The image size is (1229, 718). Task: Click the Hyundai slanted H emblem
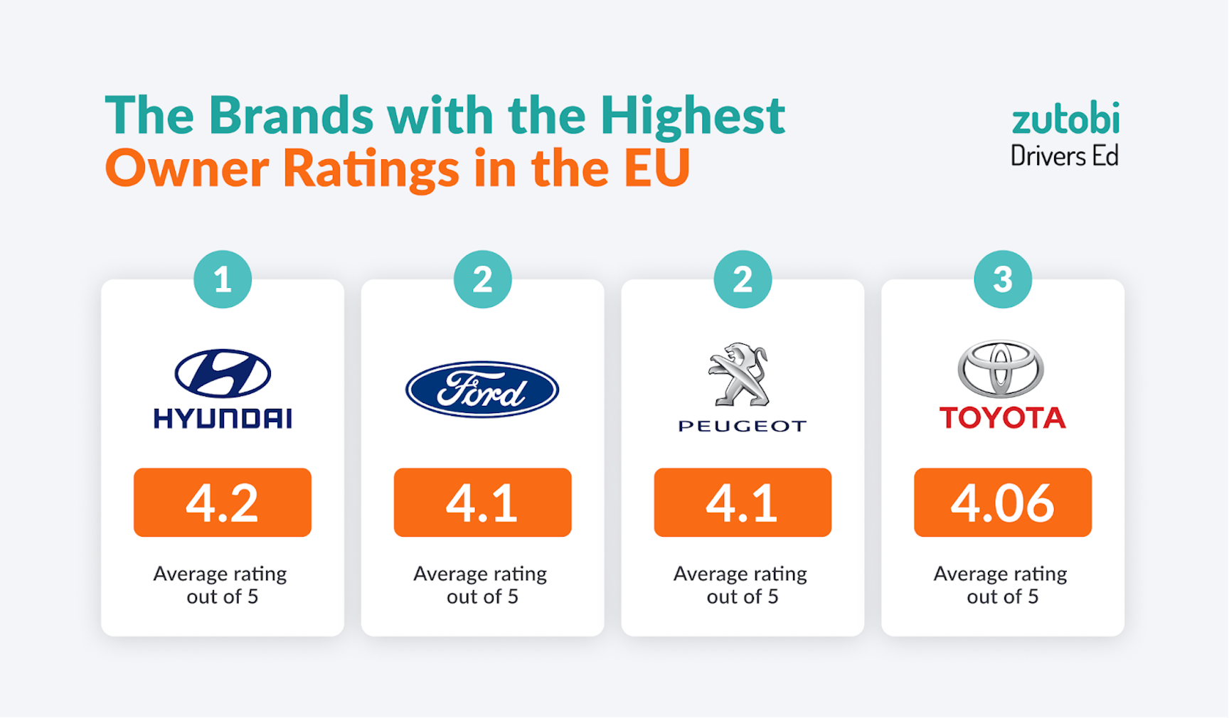223,373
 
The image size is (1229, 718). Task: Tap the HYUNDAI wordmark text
223,419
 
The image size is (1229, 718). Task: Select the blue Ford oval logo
482,390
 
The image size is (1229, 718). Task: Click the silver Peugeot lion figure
740,374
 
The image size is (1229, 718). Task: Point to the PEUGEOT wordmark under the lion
743,427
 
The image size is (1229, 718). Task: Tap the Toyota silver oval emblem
1001,369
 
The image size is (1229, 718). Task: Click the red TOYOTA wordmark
1002,418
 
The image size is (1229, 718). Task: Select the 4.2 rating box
223,503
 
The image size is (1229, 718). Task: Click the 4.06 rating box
1002,503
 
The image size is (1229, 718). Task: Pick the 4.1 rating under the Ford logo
482,503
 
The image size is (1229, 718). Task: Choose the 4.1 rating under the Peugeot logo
743,503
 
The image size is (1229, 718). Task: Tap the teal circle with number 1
223,279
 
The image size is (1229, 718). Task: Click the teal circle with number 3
1002,279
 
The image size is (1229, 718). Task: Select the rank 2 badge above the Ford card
482,279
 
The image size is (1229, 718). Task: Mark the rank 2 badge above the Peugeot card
743,279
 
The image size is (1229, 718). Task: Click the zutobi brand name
1065,119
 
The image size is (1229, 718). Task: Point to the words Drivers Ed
1064,156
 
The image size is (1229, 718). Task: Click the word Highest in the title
692,116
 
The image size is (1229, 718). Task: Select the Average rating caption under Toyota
1001,585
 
